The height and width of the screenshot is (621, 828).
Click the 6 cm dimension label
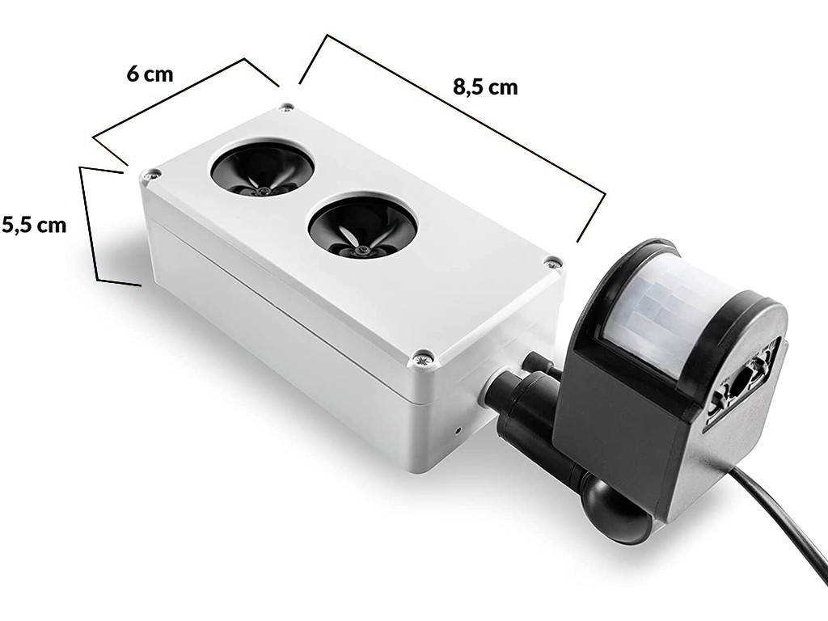tap(150, 74)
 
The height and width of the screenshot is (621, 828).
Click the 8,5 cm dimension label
tap(485, 87)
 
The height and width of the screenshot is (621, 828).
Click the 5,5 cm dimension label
tap(34, 225)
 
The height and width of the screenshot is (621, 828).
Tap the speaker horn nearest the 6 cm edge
tap(263, 170)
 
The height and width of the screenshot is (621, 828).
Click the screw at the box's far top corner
tap(287, 108)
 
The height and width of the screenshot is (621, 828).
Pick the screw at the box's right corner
tap(552, 261)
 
